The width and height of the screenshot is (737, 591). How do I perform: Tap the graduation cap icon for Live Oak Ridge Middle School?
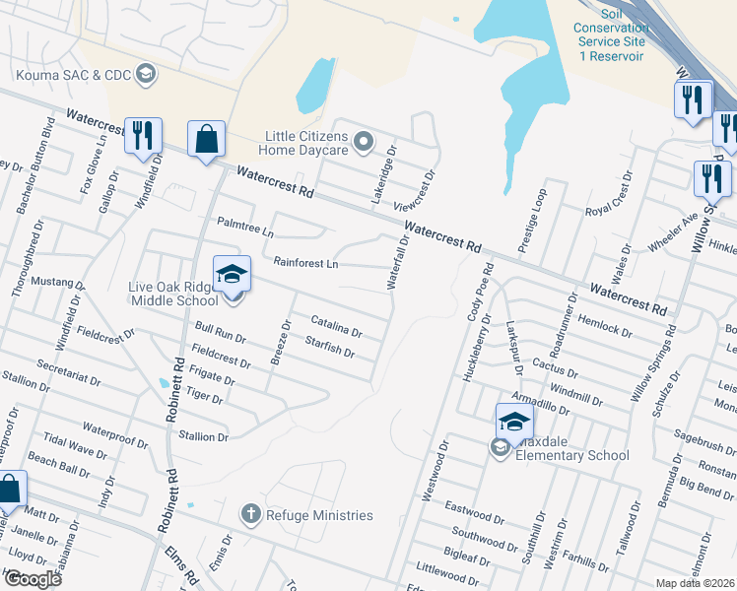point(232,273)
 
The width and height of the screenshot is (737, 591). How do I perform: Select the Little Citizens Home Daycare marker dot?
point(364,142)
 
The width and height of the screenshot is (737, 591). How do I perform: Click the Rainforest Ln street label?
point(305,263)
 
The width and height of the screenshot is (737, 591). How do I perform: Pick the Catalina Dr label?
point(337,326)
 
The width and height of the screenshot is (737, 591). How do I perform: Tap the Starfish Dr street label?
point(329,346)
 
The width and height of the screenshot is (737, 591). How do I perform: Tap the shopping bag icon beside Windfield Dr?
point(208,140)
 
